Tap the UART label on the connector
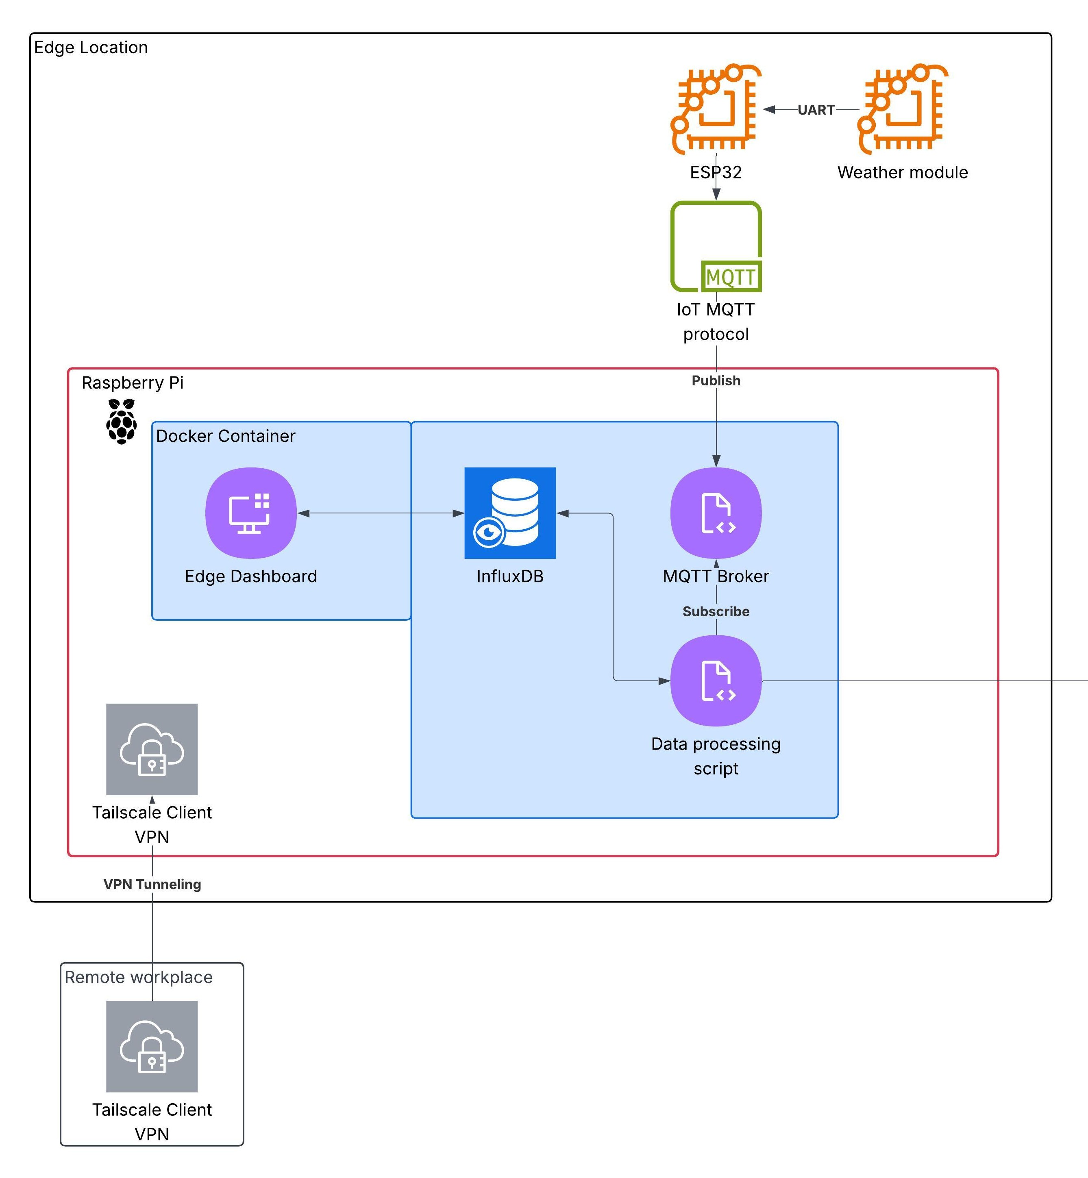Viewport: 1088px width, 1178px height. click(816, 110)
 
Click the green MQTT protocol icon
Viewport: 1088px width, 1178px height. click(716, 247)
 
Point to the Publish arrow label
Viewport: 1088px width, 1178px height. click(716, 381)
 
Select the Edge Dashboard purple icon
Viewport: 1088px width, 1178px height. click(251, 513)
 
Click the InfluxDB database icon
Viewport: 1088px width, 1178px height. click(510, 513)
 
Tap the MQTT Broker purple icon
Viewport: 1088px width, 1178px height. click(716, 513)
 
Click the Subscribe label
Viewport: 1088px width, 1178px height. click(716, 612)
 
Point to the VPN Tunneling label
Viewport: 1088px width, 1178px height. click(152, 884)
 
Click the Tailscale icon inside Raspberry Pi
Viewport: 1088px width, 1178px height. click(152, 749)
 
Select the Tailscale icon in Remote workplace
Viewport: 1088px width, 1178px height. click(152, 1046)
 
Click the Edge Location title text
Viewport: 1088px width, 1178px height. click(91, 48)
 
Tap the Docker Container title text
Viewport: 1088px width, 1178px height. click(226, 436)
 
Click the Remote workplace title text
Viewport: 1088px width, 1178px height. click(138, 977)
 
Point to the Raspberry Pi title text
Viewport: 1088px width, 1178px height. click(133, 383)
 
